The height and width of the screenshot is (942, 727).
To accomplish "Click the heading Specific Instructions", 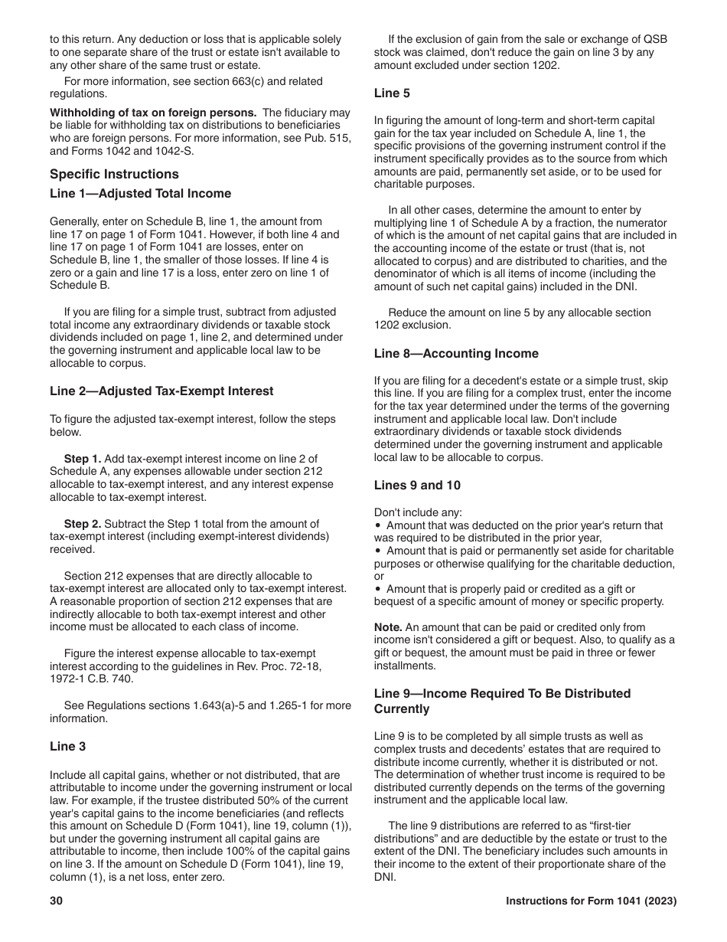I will click(114, 174).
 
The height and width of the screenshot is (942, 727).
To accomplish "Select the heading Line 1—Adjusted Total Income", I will click(140, 193).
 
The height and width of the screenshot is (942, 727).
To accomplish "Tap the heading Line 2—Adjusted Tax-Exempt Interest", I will click(161, 391).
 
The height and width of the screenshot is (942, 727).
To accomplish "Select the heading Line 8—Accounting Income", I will click(456, 353).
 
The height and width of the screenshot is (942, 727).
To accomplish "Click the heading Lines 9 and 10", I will click(417, 485).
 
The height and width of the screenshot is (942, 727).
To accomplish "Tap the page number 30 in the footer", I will click(56, 901).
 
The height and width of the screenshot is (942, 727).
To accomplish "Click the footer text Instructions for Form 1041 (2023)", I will click(591, 901).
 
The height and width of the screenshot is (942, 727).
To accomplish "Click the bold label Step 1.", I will click(82, 458).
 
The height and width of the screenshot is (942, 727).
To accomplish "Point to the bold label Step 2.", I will click(82, 524).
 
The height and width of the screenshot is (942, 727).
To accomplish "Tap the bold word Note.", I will click(388, 626).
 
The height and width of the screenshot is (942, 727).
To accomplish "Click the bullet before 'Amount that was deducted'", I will click(378, 526).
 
